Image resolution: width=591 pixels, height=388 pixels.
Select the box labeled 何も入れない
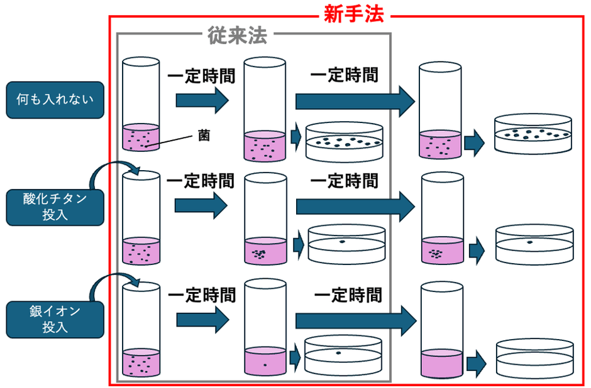click(55, 100)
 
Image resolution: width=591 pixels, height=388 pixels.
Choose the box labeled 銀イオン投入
click(55, 319)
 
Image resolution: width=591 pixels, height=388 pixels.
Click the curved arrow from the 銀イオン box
click(113, 286)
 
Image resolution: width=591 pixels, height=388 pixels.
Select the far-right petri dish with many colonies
click(533, 134)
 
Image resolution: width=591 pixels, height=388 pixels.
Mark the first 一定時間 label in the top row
click(201, 77)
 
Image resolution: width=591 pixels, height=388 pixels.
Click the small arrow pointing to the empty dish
click(477, 363)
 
